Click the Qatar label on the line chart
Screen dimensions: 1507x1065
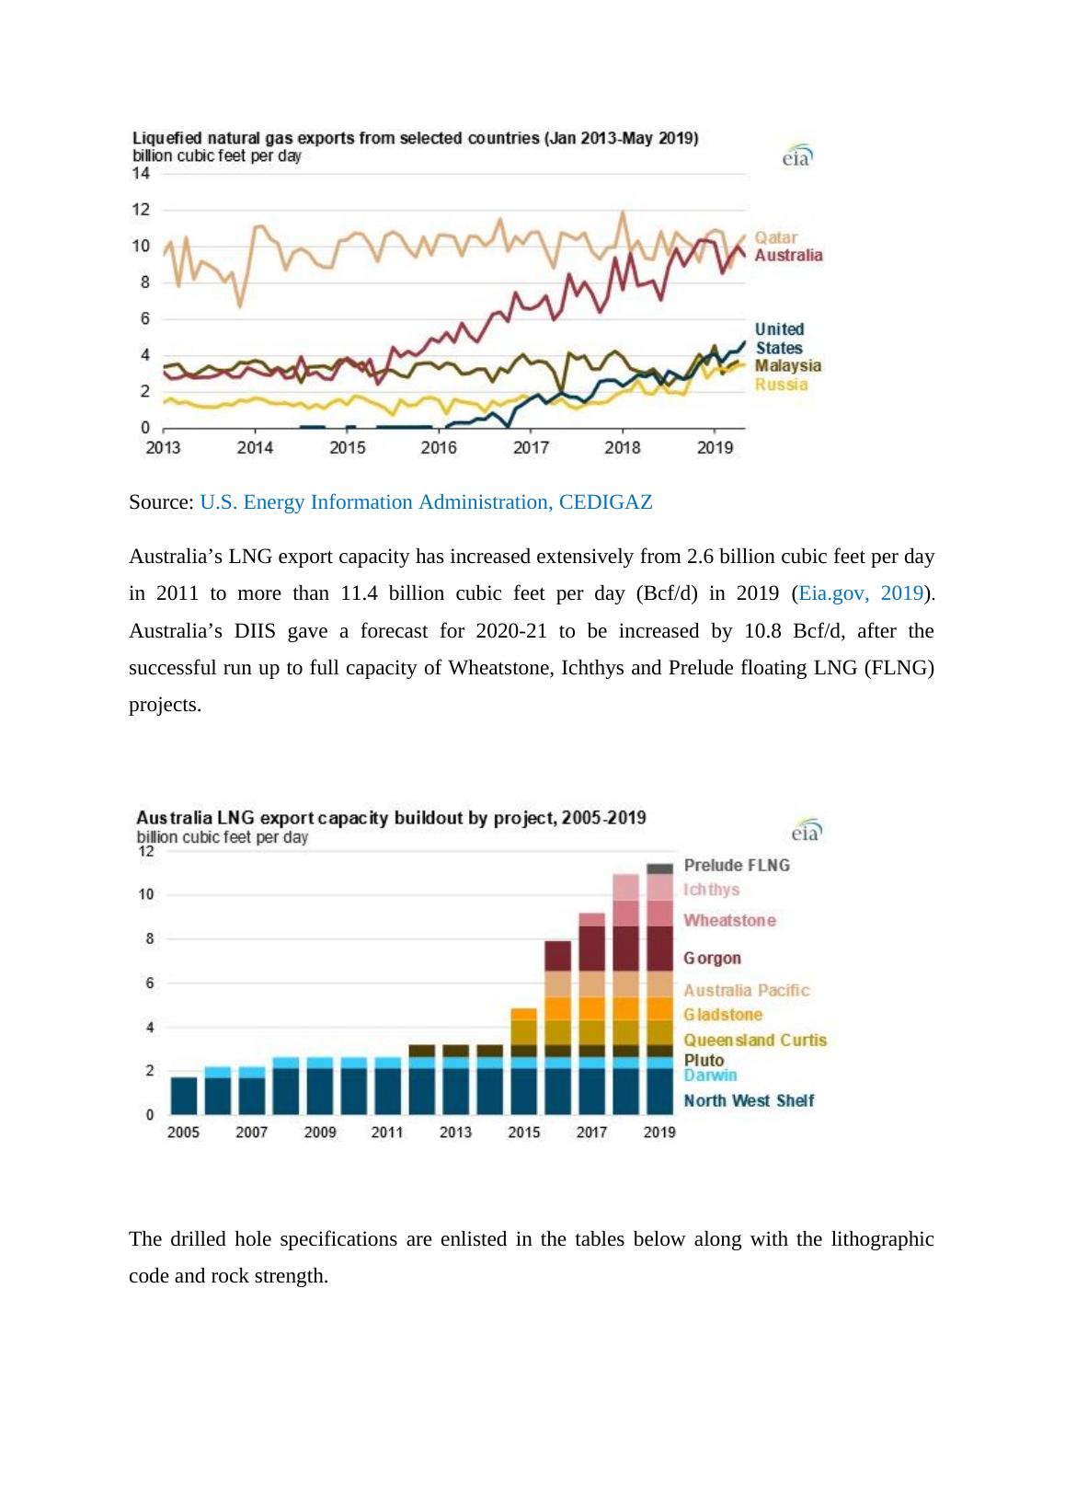coord(775,237)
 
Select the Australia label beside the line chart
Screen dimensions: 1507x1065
coord(788,256)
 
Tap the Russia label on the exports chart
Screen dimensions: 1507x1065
coord(781,385)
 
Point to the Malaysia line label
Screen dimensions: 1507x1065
coord(788,366)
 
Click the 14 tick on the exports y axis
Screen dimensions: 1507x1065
coord(141,173)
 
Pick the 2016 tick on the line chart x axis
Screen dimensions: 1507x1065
coord(439,448)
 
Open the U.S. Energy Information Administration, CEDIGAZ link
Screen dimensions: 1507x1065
coord(426,502)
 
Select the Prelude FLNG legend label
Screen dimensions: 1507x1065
coord(737,866)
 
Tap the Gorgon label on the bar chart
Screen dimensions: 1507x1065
coord(712,959)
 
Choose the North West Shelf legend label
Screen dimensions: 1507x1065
coord(749,1101)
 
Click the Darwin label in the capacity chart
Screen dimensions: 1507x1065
coord(710,1076)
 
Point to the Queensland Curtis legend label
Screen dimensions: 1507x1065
coord(755,1041)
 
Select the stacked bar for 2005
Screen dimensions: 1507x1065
coord(184,1095)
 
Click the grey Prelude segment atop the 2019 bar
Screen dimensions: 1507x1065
coord(659,869)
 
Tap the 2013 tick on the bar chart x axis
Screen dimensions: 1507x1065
coord(455,1133)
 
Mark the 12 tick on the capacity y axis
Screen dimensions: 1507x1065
coord(145,852)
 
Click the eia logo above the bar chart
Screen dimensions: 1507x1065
coord(807,831)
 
